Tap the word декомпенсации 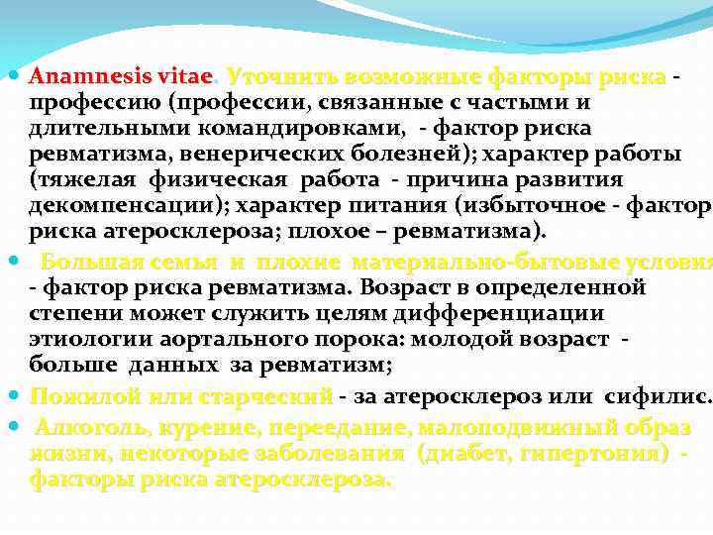click(125, 205)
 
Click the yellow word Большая click(87, 263)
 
